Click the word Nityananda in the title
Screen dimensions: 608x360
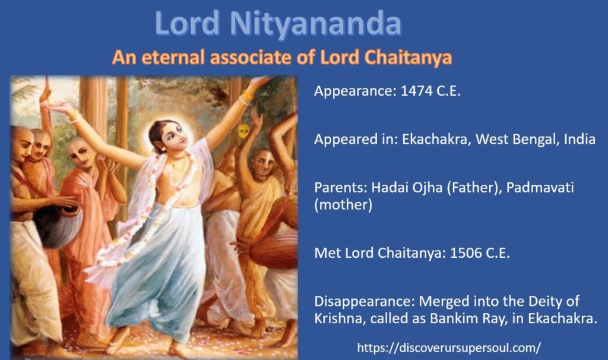pyautogui.click(x=316, y=24)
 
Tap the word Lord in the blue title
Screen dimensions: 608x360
pyautogui.click(x=187, y=23)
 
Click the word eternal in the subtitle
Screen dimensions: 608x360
pyautogui.click(x=173, y=58)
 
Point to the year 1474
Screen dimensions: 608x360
pyautogui.click(x=416, y=91)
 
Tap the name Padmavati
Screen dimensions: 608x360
pyautogui.click(x=540, y=187)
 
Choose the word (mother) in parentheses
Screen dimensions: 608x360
pyautogui.click(x=343, y=205)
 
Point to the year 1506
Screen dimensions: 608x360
pyautogui.click(x=465, y=253)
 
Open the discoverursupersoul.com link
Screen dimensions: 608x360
pyautogui.click(x=449, y=347)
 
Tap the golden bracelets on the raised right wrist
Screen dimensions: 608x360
pyautogui.click(x=245, y=99)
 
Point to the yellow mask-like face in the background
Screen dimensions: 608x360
pyautogui.click(x=243, y=132)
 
